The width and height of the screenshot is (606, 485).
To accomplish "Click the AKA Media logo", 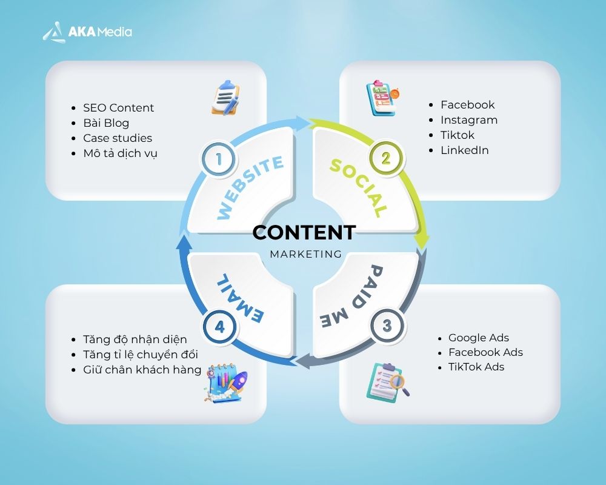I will [87, 32].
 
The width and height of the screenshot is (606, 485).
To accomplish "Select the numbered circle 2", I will [385, 159].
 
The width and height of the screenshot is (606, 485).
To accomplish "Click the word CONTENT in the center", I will [304, 232].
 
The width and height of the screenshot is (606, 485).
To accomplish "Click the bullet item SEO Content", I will [118, 108].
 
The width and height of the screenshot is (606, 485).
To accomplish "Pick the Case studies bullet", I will [118, 138].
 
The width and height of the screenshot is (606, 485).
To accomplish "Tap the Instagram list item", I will [468, 120].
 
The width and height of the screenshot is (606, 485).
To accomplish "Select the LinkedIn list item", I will [464, 150].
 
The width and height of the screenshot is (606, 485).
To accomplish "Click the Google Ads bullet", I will [478, 338].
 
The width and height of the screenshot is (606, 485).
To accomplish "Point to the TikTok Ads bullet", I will [476, 367].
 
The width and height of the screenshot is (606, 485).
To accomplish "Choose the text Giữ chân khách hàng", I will [142, 369].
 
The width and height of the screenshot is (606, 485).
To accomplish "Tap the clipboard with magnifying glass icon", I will [387, 381].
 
